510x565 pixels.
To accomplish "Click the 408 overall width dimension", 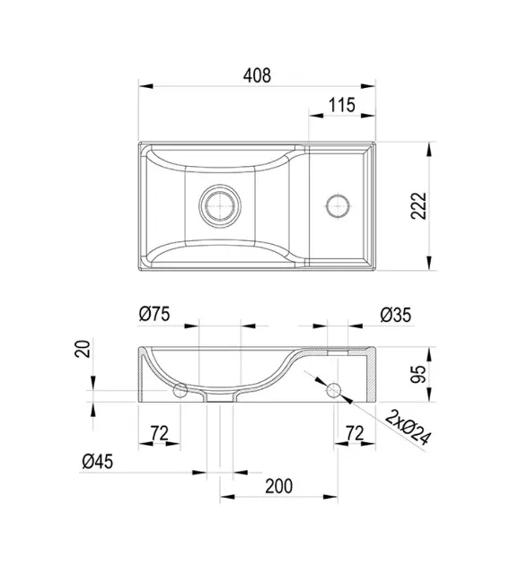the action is pyautogui.click(x=257, y=75).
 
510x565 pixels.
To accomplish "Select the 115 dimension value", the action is pyautogui.click(x=342, y=105).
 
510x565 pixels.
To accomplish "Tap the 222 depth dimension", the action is pyautogui.click(x=418, y=205).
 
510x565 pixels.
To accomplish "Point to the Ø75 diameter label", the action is pyautogui.click(x=154, y=314).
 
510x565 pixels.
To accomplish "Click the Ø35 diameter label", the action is pyautogui.click(x=396, y=315).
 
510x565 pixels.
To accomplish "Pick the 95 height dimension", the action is pyautogui.click(x=418, y=374).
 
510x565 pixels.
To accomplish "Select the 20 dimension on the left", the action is pyautogui.click(x=83, y=349).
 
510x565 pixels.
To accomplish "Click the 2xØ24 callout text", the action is pyautogui.click(x=408, y=428).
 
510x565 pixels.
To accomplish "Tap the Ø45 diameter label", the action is pyautogui.click(x=97, y=461).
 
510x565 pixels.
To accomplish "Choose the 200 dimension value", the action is pyautogui.click(x=279, y=486).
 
